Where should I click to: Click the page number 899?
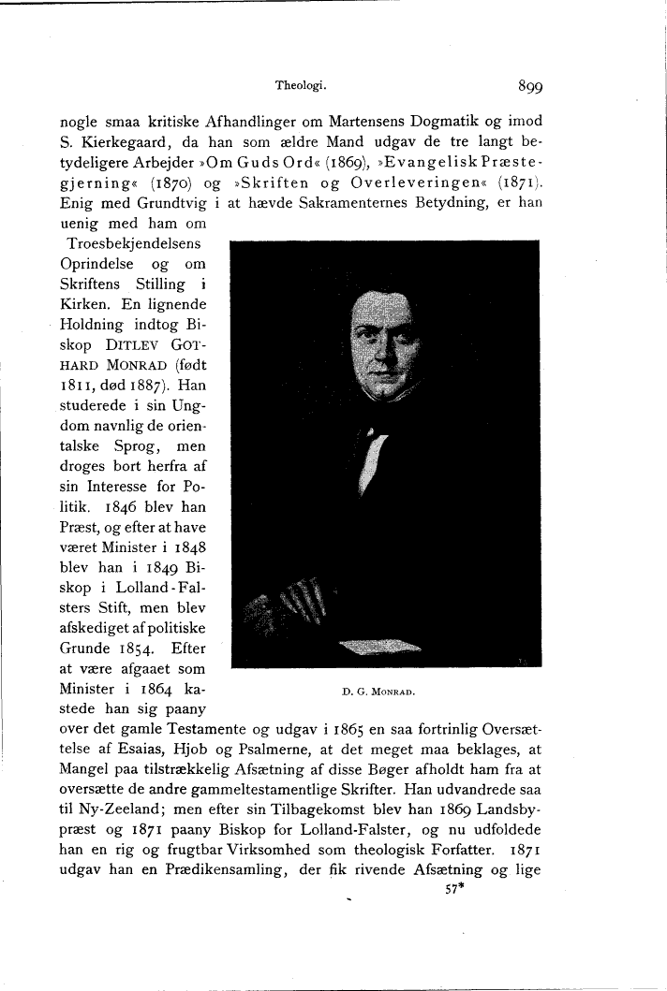[x=531, y=87]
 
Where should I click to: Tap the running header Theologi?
[x=300, y=85]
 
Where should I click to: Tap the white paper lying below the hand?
[x=380, y=645]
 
